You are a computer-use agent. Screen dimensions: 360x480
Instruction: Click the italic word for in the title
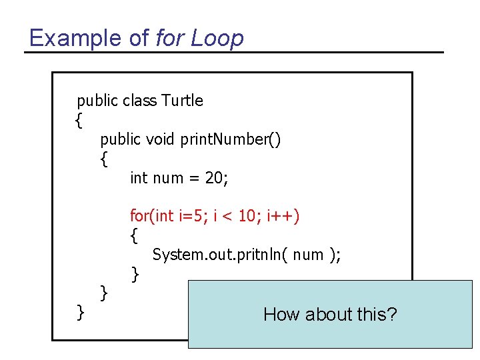tap(169, 38)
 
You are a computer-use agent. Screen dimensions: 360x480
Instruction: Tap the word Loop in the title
tap(217, 38)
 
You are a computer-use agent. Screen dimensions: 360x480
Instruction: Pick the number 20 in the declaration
tap(218, 178)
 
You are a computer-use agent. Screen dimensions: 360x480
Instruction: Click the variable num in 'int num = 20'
tap(167, 178)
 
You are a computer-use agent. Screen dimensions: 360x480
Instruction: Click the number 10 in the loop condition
tap(249, 216)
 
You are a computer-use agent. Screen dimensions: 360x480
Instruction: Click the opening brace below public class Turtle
tap(79, 121)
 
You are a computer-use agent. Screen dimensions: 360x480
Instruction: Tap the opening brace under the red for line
tap(135, 235)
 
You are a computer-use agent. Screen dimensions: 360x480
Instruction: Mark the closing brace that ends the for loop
tap(135, 273)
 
